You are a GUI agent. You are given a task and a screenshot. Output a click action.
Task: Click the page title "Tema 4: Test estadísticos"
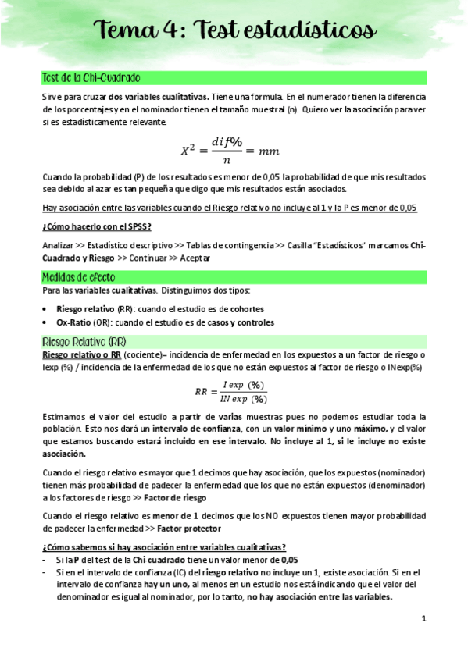(x=234, y=30)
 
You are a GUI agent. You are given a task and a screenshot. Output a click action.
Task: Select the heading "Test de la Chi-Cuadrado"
(x=91, y=78)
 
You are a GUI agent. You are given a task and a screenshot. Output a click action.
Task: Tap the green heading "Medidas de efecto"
(x=77, y=277)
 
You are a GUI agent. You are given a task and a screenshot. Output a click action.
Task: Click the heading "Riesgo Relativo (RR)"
(x=85, y=342)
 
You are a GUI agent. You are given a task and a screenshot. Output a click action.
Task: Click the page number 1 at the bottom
(x=423, y=619)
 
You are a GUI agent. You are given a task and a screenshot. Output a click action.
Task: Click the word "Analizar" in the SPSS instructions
(x=59, y=245)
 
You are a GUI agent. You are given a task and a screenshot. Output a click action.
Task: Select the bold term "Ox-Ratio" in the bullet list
(x=76, y=322)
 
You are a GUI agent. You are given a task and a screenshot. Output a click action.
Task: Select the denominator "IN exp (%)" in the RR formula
(x=245, y=399)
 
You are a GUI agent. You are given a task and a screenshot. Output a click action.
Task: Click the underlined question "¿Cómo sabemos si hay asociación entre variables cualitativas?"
(x=164, y=546)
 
